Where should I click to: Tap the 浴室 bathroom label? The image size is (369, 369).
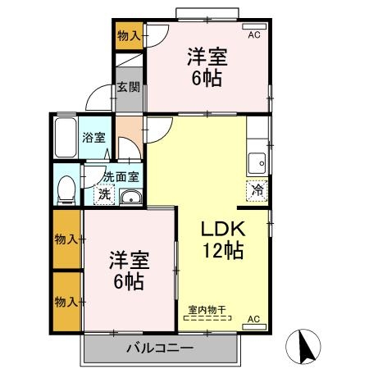93,138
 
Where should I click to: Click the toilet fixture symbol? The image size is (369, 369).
66,188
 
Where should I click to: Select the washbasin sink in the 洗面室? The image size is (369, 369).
130,196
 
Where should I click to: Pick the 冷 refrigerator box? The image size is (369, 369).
257,188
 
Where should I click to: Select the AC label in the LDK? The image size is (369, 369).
253,318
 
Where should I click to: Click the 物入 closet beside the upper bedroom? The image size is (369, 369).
128,35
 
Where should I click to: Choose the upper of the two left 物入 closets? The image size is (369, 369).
66,239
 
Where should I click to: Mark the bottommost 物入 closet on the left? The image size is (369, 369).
66,301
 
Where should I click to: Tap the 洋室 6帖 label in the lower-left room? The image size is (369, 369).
128,271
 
